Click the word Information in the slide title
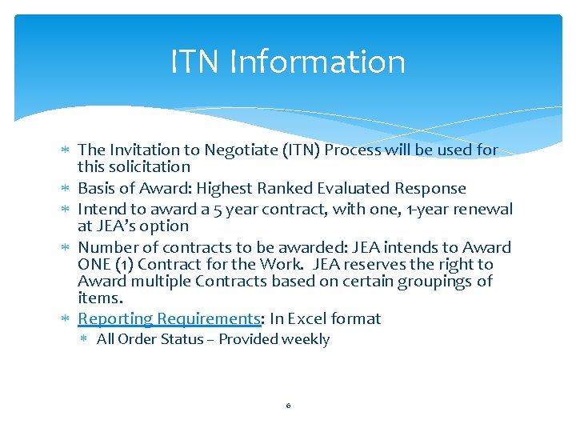[x=317, y=62]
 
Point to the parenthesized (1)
[x=126, y=265]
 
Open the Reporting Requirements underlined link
[x=169, y=319]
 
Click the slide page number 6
[x=288, y=406]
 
